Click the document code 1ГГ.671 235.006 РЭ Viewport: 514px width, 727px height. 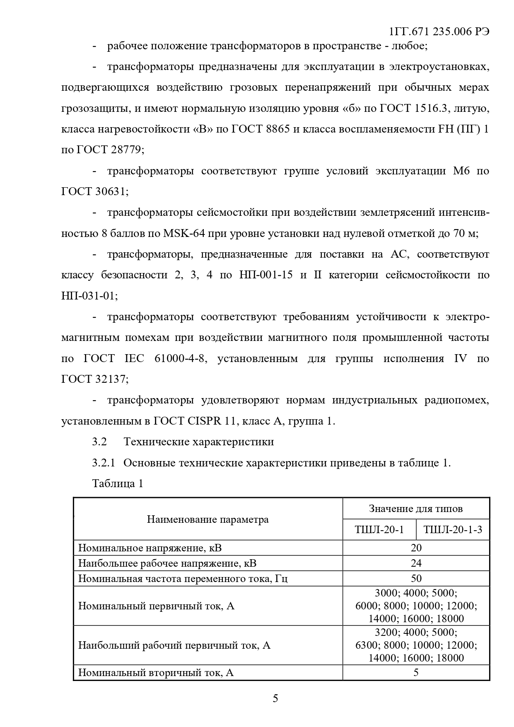click(439, 32)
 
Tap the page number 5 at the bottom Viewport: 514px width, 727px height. click(275, 698)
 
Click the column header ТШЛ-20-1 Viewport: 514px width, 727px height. click(379, 530)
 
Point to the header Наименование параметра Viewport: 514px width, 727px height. click(208, 519)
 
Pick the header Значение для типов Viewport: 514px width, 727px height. click(415, 508)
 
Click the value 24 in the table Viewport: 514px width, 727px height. click(416, 563)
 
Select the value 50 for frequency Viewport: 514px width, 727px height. click(416, 578)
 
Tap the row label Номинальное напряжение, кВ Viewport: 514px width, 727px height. click(150, 548)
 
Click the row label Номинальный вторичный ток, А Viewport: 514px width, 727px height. click(156, 672)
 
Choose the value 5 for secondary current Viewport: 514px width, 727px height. click(416, 672)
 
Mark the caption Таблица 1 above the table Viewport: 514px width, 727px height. click(118, 483)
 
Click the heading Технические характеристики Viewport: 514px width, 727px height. click(198, 442)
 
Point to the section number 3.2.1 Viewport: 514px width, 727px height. click(104, 463)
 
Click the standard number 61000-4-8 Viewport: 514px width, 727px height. click(179, 358)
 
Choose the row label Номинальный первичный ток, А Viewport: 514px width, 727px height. click(156, 606)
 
